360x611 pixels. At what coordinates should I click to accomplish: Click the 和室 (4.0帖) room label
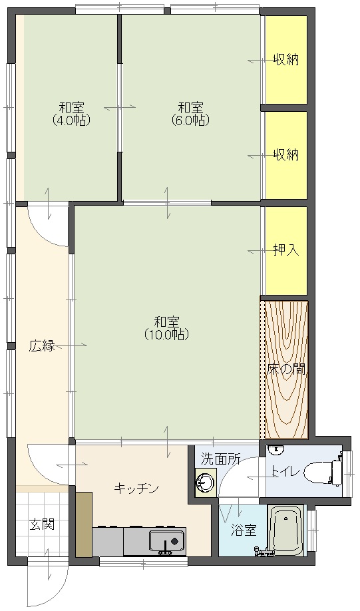[x=71, y=113]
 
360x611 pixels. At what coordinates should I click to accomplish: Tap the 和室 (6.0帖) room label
[x=190, y=113]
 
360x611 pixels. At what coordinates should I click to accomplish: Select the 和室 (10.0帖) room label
[x=166, y=328]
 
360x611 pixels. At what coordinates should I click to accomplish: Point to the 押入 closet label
[x=286, y=250]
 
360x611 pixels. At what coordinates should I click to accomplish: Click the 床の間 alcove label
[x=286, y=369]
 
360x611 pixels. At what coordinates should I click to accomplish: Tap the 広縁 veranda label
[x=42, y=345]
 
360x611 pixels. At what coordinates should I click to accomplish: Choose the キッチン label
[x=136, y=488]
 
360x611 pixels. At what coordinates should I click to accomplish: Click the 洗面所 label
[x=220, y=459]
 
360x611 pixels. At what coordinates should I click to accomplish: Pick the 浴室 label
[x=244, y=530]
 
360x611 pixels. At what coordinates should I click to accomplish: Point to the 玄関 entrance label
[x=42, y=524]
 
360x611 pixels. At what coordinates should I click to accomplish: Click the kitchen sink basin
[x=167, y=540]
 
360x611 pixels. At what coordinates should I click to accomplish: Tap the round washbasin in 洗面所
[x=205, y=482]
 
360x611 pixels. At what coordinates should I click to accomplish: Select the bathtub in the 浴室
[x=286, y=530]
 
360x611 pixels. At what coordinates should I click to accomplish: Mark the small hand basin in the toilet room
[x=277, y=449]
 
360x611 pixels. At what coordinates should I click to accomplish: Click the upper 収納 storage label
[x=286, y=60]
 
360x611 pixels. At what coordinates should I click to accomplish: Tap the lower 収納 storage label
[x=286, y=155]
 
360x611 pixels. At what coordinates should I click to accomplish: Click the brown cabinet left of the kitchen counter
[x=84, y=524]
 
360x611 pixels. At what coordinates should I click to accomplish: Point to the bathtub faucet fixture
[x=262, y=550]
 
